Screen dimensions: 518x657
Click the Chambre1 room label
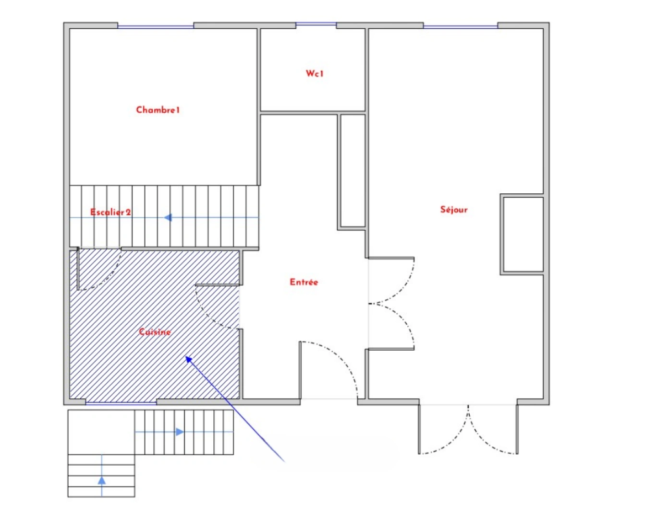(158, 110)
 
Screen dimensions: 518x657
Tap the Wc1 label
(315, 73)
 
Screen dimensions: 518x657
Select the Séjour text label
(453, 209)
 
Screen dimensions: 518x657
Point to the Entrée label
(304, 282)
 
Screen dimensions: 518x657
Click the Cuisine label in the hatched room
(155, 332)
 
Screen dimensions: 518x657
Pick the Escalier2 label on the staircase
(110, 212)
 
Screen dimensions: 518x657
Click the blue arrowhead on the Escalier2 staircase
(168, 218)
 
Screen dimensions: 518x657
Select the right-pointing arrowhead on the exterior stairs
(179, 432)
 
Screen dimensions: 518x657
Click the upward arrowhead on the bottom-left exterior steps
(102, 480)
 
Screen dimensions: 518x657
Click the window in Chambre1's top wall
(156, 26)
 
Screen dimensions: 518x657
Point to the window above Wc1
(316, 24)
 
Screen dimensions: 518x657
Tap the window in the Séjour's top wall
(460, 26)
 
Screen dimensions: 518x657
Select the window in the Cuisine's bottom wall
(121, 403)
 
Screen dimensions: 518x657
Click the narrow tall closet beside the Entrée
(353, 170)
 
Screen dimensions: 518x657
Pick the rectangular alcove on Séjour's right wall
(523, 235)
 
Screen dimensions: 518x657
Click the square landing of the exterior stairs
(101, 432)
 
